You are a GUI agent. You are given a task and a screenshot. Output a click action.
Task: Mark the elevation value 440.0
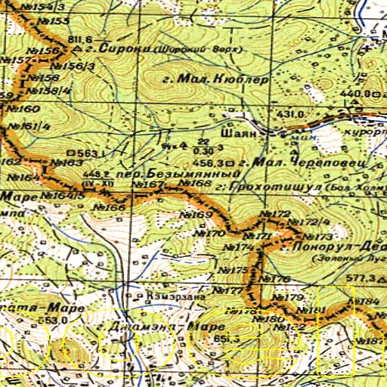tap(352, 93)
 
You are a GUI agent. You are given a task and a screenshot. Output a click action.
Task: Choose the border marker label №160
tap(23, 109)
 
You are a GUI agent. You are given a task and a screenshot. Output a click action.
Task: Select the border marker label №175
tap(237, 270)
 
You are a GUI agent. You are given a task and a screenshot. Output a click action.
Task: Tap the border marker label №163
tap(67, 163)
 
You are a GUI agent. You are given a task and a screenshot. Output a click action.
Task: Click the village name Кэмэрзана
tap(176, 296)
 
